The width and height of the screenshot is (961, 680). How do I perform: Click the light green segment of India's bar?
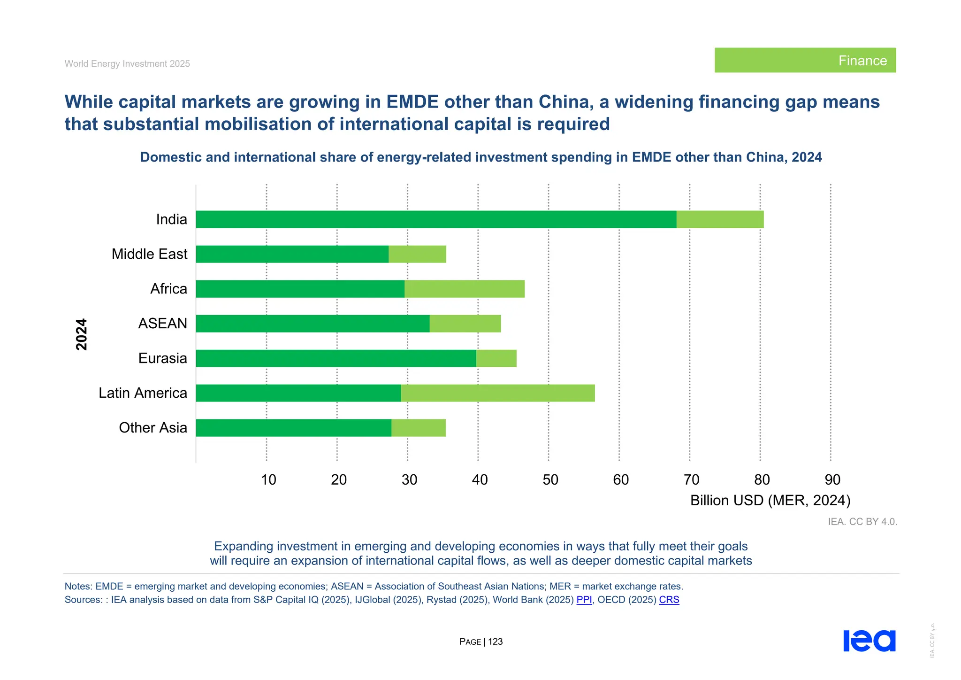pyautogui.click(x=720, y=219)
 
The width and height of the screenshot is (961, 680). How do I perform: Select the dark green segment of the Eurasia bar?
pyautogui.click(x=336, y=358)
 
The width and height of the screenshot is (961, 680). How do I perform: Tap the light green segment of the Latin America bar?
pyautogui.click(x=497, y=393)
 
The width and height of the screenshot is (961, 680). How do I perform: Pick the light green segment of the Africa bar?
pyautogui.click(x=464, y=289)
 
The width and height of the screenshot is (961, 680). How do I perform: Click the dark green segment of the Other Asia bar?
pyautogui.click(x=293, y=428)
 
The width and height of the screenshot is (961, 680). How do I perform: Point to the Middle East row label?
pyautogui.click(x=149, y=254)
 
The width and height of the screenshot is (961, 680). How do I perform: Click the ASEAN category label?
pyautogui.click(x=162, y=324)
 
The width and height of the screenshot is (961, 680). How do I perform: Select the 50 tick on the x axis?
pyautogui.click(x=550, y=479)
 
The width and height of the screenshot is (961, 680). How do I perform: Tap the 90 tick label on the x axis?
pyautogui.click(x=832, y=479)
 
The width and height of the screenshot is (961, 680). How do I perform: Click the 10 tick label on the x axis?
pyautogui.click(x=268, y=479)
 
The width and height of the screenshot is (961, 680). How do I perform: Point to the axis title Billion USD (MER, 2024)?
pyautogui.click(x=770, y=501)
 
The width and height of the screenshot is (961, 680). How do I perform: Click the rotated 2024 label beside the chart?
pyautogui.click(x=82, y=334)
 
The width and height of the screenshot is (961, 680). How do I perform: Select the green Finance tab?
pyautogui.click(x=805, y=60)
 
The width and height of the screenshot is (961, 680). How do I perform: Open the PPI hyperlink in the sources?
pyautogui.click(x=584, y=600)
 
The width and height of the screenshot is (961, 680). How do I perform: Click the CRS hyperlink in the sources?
pyautogui.click(x=669, y=600)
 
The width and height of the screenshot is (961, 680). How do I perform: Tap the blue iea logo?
pyautogui.click(x=869, y=641)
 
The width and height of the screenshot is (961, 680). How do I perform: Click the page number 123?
pyautogui.click(x=495, y=641)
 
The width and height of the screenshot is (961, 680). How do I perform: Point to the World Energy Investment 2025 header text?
pyautogui.click(x=127, y=64)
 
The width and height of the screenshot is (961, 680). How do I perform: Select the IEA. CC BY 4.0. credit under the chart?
pyautogui.click(x=862, y=522)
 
